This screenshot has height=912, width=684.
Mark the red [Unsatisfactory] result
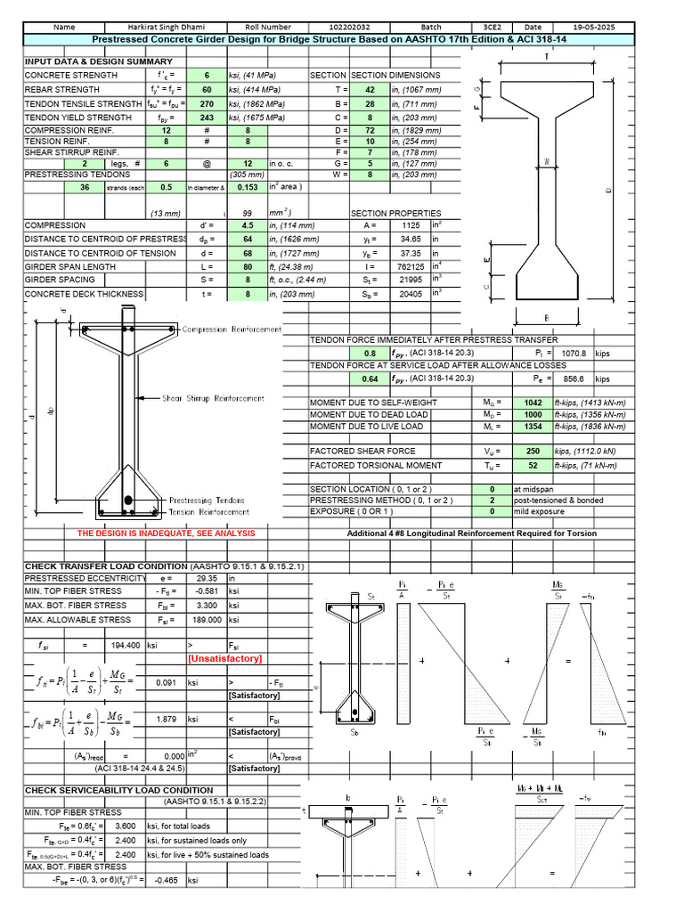224,658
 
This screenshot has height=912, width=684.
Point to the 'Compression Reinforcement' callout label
232,330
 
